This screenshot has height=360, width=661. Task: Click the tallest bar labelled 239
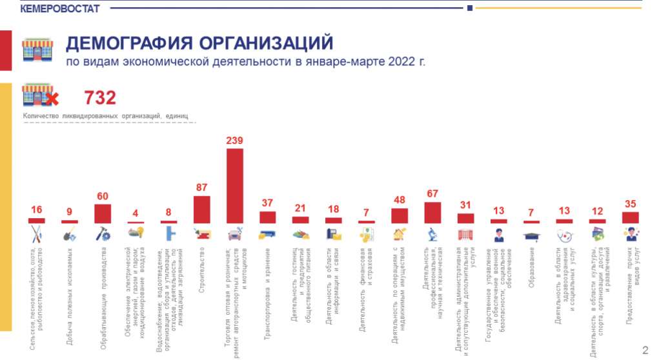coord(235,186)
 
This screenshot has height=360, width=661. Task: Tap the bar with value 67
coord(432,213)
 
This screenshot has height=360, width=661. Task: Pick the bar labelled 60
coord(103,214)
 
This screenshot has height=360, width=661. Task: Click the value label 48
coord(400,200)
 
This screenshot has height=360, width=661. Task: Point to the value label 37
coord(267,203)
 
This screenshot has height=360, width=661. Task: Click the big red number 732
coord(100,98)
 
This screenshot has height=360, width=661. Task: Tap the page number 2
coord(645,350)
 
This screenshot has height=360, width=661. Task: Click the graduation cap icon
coord(531,235)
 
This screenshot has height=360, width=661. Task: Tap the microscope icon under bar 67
coord(432,234)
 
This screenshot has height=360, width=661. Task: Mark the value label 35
coord(630,204)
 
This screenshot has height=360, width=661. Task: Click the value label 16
coord(37,210)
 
